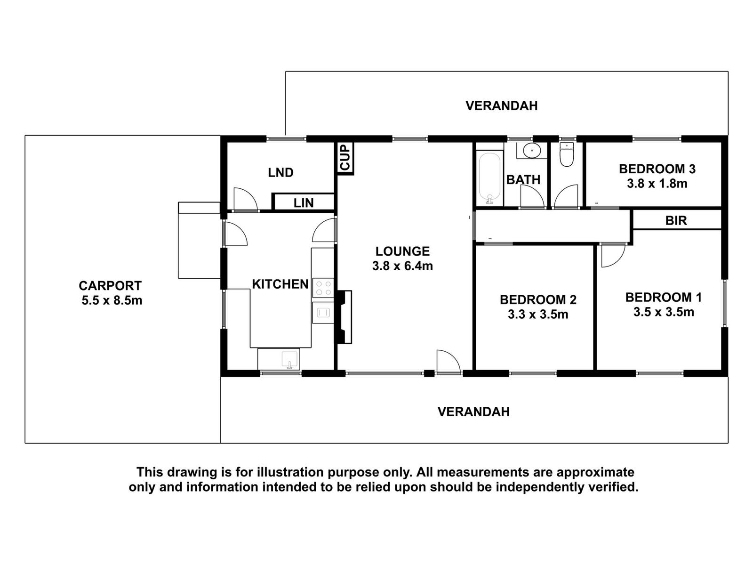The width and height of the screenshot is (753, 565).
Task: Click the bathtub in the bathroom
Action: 490,178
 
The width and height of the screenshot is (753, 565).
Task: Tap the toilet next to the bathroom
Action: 566,155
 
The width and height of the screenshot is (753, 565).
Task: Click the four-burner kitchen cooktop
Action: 323,288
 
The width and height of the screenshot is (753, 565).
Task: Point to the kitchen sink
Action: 289,359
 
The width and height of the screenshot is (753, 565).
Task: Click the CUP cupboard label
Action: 345,158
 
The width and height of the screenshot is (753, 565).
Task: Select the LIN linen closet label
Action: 304,203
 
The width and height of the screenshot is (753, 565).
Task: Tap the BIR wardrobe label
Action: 676,220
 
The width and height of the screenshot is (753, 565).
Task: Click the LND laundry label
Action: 280,173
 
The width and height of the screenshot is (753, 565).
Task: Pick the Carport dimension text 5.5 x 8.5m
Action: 112,300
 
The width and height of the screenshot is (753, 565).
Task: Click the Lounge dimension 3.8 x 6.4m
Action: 402,266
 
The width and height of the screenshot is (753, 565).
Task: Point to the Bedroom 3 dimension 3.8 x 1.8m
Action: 657,184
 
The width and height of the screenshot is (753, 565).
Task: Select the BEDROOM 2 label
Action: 538,299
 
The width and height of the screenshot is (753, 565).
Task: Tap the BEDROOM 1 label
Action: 663,297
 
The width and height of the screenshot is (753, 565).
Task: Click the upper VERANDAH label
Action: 501,106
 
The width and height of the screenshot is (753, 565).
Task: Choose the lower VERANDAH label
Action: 473,412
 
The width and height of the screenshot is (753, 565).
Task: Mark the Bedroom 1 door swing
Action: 611,255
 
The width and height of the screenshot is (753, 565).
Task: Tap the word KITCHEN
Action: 280,284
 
